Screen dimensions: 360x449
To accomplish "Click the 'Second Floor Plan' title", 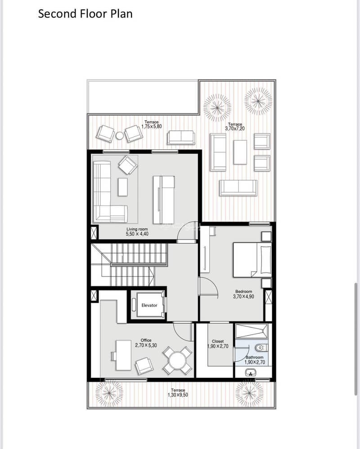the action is pyautogui.click(x=85, y=14).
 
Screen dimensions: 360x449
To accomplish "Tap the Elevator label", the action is pyautogui.click(x=149, y=305).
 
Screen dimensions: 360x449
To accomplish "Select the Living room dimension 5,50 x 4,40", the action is pyautogui.click(x=137, y=234).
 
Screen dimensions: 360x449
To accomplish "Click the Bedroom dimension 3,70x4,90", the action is pyautogui.click(x=243, y=297).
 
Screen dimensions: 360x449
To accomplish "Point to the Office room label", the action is pyautogui.click(x=146, y=340).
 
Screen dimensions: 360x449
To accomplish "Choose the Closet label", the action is pyautogui.click(x=218, y=341).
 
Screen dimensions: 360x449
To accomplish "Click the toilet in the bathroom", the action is pyautogui.click(x=261, y=348).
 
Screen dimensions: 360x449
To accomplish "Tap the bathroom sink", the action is pyautogui.click(x=251, y=372).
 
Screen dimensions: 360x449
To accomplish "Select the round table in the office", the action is pyautogui.click(x=177, y=360).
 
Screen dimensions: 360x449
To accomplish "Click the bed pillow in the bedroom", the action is pyautogui.click(x=265, y=260).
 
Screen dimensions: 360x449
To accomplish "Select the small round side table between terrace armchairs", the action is pyautogui.click(x=119, y=136).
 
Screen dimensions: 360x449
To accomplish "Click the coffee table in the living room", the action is pyautogui.click(x=123, y=187).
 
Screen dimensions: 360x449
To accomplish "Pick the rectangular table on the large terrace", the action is pyautogui.click(x=240, y=152).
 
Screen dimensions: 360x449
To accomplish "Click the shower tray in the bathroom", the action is pyautogui.click(x=252, y=331).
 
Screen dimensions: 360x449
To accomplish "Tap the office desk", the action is pyautogui.click(x=124, y=355).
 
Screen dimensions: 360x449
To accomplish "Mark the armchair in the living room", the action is pyautogui.click(x=128, y=165).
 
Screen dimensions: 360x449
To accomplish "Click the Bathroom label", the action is pyautogui.click(x=254, y=358).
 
